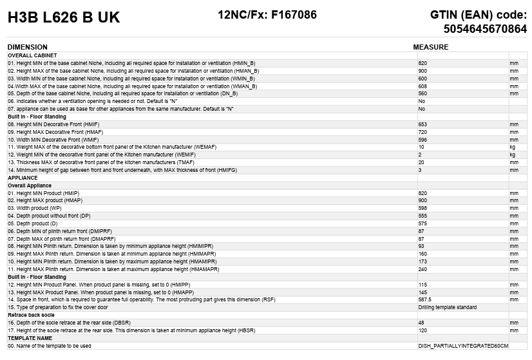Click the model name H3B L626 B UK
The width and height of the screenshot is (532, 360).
point(64,18)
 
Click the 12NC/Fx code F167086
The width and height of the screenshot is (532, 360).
point(267,15)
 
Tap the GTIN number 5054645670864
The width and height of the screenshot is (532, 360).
point(485,29)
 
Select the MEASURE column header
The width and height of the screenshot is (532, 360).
point(430,47)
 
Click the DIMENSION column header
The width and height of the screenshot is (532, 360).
point(27,47)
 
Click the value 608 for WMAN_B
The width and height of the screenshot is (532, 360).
point(423,86)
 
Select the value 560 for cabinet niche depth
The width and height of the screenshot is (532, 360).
point(423,93)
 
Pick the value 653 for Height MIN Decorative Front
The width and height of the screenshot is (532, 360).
point(423,124)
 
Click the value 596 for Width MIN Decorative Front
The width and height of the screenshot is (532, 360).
point(423,139)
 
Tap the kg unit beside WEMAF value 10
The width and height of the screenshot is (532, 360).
point(513,147)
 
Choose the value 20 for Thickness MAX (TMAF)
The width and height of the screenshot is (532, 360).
point(421,162)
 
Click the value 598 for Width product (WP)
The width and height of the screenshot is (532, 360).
point(423,208)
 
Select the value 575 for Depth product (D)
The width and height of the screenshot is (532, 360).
point(423,223)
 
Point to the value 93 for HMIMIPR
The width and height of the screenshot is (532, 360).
point(421,246)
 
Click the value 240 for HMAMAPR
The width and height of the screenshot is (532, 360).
point(423,269)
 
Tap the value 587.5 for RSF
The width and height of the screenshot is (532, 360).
point(424,299)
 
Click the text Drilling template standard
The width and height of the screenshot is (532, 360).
point(447,307)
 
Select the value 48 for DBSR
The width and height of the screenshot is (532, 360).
point(421,323)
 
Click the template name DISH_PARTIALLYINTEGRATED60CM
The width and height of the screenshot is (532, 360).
point(463,346)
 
